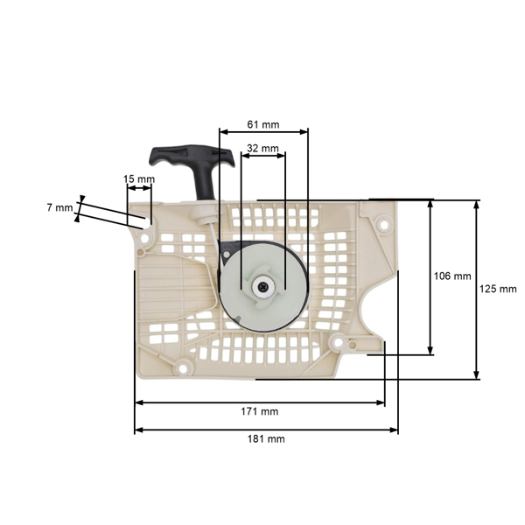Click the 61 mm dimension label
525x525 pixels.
262,124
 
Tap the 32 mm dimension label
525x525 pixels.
262,148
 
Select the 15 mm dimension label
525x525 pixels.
139,179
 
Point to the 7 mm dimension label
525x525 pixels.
59,208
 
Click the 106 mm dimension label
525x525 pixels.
452,276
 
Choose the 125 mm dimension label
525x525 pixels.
498,289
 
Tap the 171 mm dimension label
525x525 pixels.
260,411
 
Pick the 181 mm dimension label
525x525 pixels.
266,438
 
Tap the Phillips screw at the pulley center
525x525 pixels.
262,286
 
